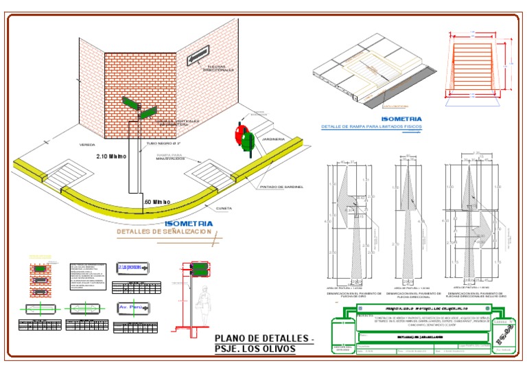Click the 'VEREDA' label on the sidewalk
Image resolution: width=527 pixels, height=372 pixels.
pos(87,145)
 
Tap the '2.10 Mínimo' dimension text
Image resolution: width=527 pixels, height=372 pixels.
pos(111,156)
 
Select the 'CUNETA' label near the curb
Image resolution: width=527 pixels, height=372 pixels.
pos(224,208)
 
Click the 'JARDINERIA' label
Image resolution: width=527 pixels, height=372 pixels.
pos(273,139)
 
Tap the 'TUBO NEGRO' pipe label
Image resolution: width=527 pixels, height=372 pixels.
pos(164,145)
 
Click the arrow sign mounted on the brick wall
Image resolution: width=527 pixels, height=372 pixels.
pos(198,57)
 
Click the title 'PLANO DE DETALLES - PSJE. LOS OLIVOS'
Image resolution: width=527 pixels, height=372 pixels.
pos(264,343)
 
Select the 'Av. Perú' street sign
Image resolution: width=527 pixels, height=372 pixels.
pos(132,307)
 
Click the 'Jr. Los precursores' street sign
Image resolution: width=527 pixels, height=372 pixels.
pos(132,267)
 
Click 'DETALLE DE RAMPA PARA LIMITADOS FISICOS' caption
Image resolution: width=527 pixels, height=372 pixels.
pos(373,127)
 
